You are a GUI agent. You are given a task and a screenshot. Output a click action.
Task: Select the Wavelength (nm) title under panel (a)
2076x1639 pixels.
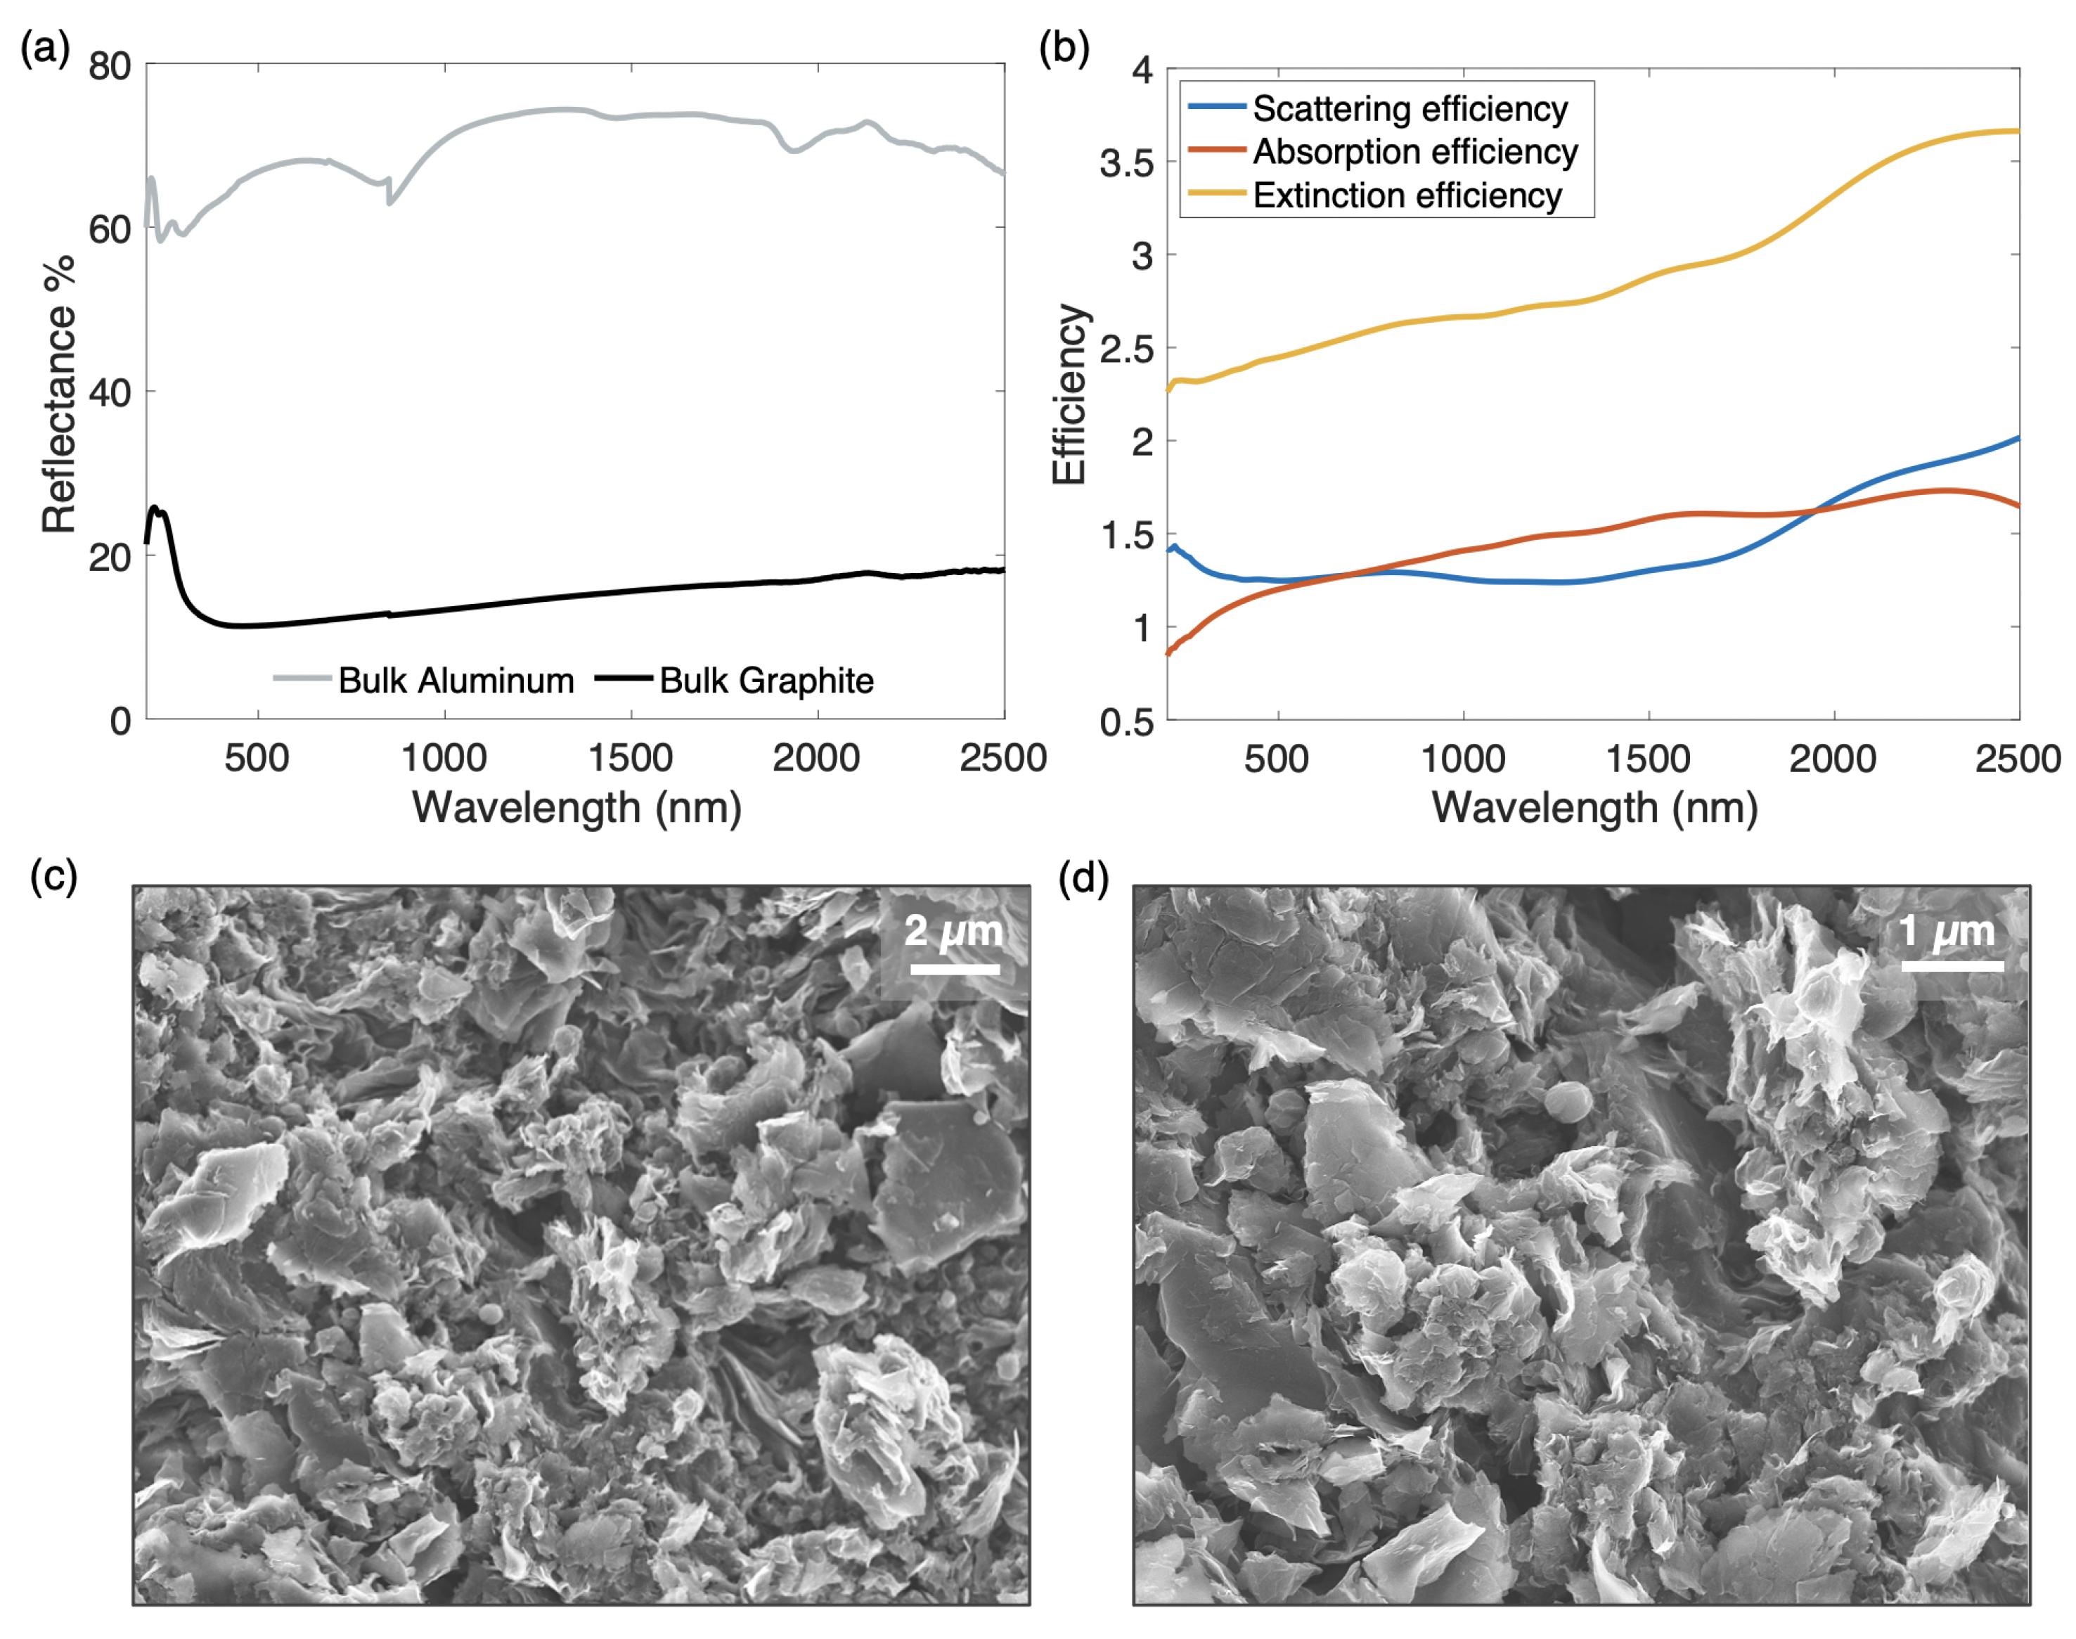point(576,807)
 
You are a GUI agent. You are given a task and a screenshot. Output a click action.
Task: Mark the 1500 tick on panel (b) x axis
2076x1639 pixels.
point(1647,758)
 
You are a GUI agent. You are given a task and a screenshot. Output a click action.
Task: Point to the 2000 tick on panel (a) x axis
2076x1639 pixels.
point(816,758)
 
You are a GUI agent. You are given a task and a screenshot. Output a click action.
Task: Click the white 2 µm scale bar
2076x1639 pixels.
point(955,969)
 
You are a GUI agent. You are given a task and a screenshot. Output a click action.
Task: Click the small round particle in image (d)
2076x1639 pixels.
point(1568,1102)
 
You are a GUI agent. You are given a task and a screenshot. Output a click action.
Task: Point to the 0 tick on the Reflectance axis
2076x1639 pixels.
point(121,720)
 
